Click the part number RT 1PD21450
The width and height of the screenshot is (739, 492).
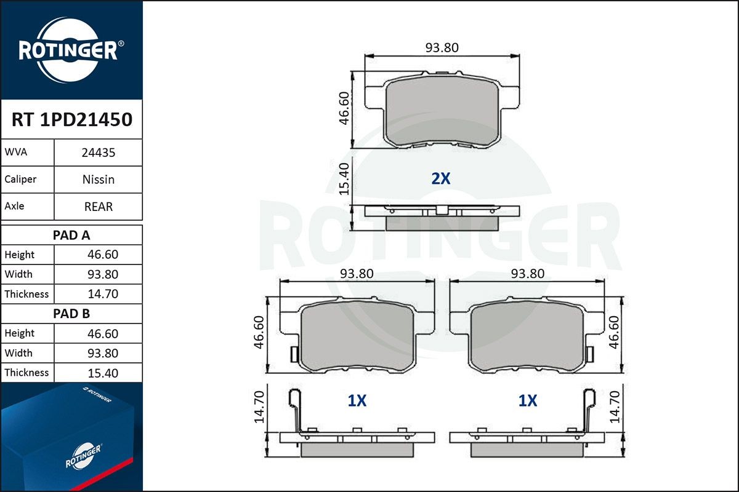coord(71,120)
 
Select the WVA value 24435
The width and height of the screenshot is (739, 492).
coord(99,153)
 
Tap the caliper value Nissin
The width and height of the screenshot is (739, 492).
coord(99,180)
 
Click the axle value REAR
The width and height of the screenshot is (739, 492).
coord(99,207)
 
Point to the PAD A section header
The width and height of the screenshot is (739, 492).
coord(71,235)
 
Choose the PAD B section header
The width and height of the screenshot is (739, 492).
coord(71,314)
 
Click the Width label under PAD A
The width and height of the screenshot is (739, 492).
coord(18,274)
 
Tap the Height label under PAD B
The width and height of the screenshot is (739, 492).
coord(20,333)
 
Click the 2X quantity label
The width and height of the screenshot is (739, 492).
coord(441,179)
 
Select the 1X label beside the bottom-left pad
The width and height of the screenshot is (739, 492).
coord(357,401)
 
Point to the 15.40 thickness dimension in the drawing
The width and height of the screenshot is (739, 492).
coord(345,178)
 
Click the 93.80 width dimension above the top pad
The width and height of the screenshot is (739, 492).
coord(442,47)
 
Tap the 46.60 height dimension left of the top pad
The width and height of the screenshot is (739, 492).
coord(345,108)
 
